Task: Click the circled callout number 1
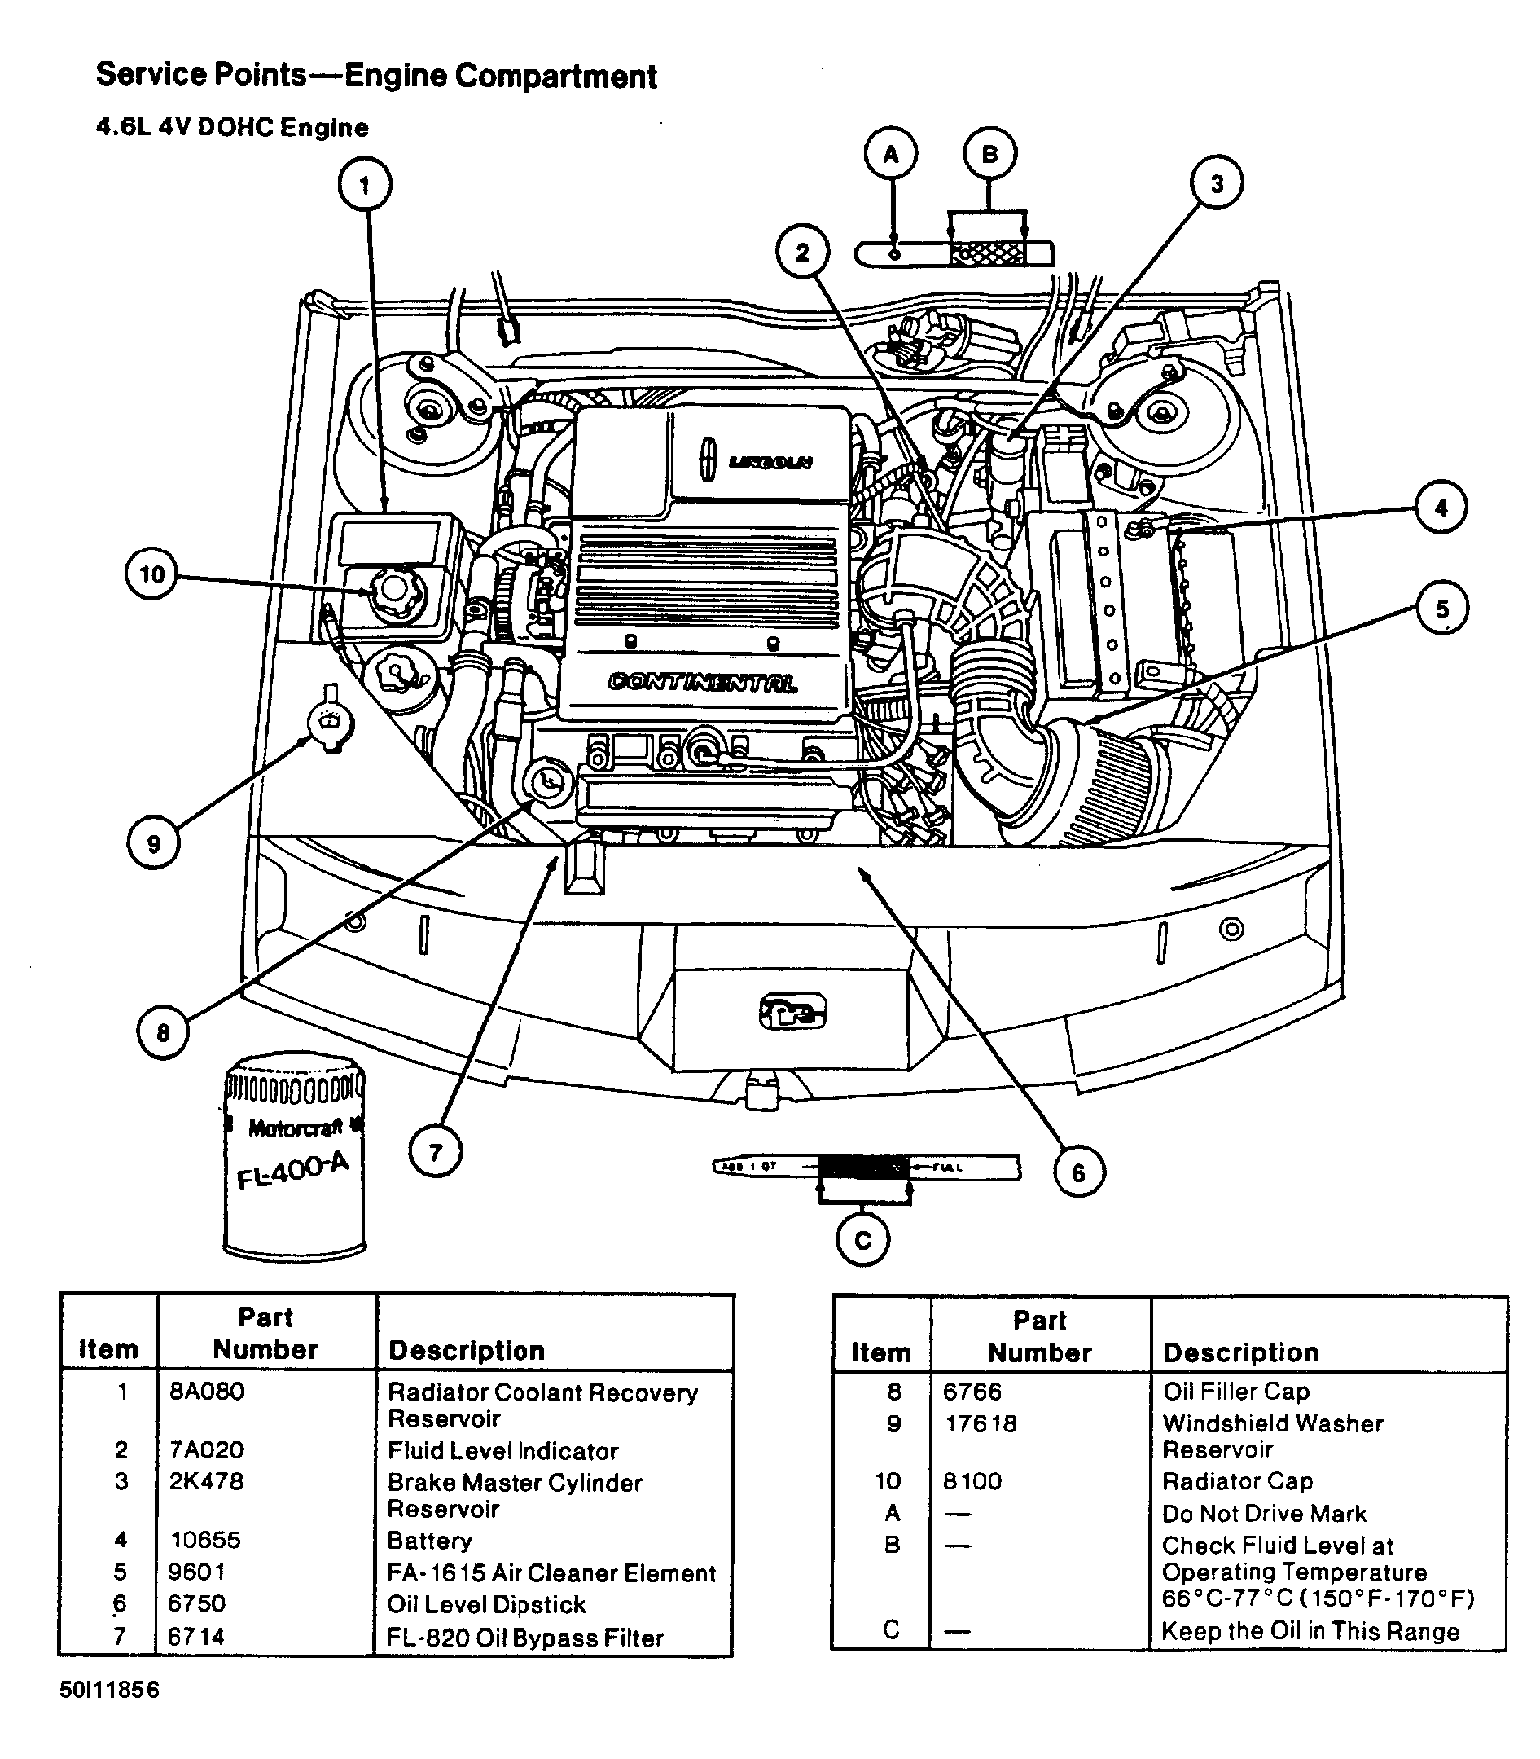pos(364,185)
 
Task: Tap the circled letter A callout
pos(891,155)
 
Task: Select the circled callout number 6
pos(1078,1172)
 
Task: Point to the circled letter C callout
pos(862,1240)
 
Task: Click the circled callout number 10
pos(152,574)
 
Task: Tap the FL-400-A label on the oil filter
pos(293,1171)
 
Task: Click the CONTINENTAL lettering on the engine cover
pos(702,683)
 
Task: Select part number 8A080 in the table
pos(206,1391)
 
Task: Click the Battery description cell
pos(430,1540)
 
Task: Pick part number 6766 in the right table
pos(972,1391)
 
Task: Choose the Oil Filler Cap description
pos(1235,1391)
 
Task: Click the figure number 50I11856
pos(109,1690)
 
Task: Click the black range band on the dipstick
pos(862,1167)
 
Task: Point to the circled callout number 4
pos(1441,508)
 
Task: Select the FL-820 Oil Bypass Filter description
pos(525,1638)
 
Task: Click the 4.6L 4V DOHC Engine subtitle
pos(232,128)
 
